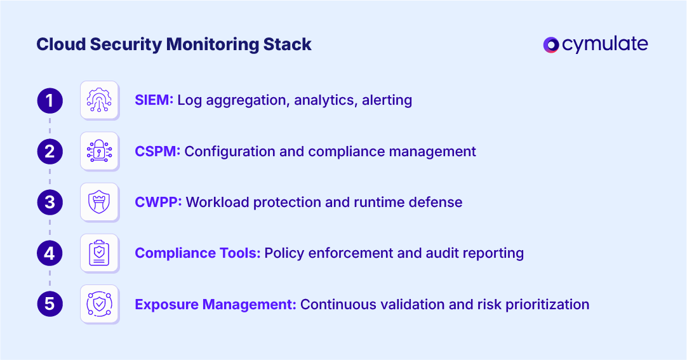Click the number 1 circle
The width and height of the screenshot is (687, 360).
50,100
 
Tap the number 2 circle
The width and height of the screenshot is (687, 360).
50,151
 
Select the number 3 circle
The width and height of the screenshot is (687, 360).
50,203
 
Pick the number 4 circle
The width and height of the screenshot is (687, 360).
50,253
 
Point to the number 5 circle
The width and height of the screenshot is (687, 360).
50,304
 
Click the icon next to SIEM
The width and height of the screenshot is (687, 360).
99,100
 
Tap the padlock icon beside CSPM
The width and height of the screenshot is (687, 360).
99,151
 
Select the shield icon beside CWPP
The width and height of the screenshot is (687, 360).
99,203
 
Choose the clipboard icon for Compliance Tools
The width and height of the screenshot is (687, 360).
99,253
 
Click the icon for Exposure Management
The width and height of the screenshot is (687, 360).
99,304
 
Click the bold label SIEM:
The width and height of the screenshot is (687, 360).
154,100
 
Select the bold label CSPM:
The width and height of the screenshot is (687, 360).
157,152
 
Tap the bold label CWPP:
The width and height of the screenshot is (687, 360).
158,203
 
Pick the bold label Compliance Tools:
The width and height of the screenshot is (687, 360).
197,253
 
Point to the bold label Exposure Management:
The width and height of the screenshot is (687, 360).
215,304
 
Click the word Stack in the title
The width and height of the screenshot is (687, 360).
290,44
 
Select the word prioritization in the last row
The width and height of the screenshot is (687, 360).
547,304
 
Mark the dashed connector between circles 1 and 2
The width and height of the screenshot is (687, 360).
50,126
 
